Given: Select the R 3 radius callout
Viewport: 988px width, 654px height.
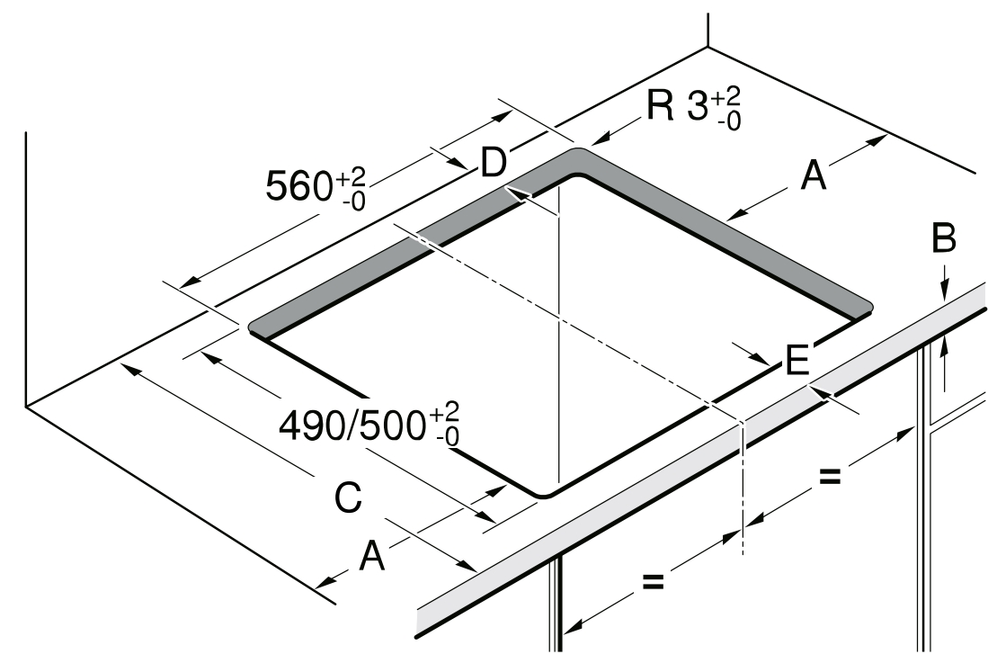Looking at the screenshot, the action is [694, 108].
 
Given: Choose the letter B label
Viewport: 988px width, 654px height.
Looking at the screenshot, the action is [944, 238].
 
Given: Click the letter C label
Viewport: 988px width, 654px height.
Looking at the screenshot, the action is [349, 497].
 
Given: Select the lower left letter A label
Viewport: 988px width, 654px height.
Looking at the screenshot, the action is [372, 556].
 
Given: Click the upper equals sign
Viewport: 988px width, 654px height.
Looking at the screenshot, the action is [829, 477].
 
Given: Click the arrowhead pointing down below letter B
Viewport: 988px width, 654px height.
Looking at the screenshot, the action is [943, 290].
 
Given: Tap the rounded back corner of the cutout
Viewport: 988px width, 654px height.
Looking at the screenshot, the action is [576, 150].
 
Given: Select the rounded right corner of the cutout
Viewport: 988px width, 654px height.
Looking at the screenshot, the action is [869, 309].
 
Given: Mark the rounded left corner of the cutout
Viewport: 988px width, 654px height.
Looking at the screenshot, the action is [253, 327].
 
